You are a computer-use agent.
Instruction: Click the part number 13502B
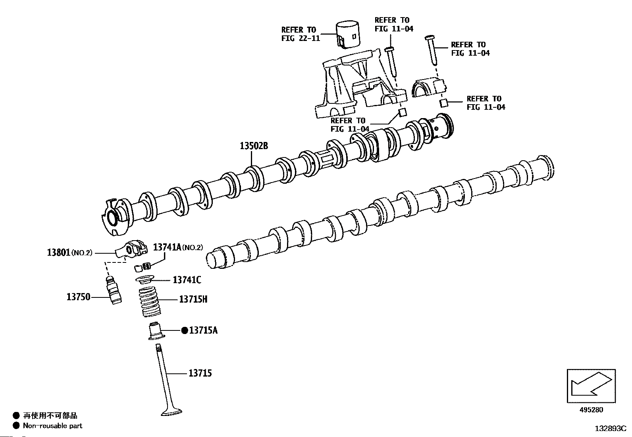tap(254, 146)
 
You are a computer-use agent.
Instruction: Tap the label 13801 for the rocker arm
tap(59, 252)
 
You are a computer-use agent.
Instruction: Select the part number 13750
tap(78, 297)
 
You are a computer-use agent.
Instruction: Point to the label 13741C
tap(187, 280)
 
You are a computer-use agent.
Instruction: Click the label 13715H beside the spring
tap(193, 299)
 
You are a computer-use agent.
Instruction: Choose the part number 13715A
tap(203, 330)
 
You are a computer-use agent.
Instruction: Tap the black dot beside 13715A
tap(184, 330)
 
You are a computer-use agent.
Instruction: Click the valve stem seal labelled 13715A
tap(156, 331)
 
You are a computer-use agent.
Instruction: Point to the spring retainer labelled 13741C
tap(146, 280)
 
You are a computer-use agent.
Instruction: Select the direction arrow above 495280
tap(591, 385)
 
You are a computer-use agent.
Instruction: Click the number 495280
tap(591, 410)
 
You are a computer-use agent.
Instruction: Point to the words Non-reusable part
tap(52, 425)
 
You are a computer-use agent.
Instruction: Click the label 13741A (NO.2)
tap(178, 247)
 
